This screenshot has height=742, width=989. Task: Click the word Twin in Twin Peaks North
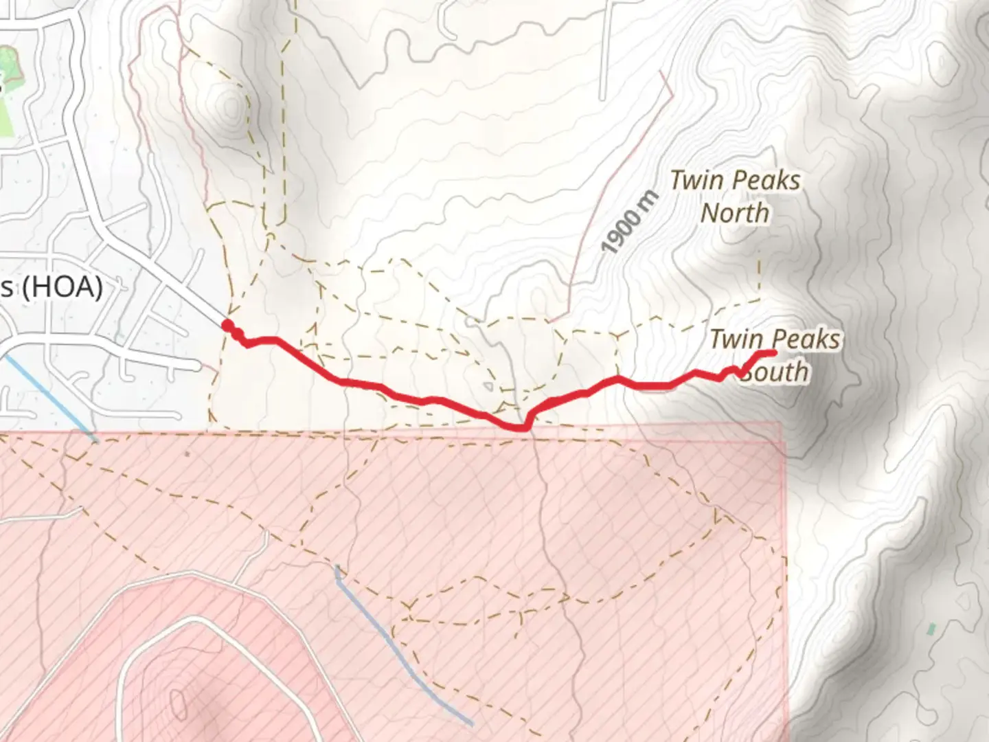(x=694, y=181)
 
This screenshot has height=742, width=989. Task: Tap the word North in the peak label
(x=734, y=213)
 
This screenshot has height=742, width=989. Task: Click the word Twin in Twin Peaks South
(x=734, y=339)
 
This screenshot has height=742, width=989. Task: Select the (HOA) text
(x=62, y=286)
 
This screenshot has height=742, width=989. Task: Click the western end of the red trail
(x=226, y=324)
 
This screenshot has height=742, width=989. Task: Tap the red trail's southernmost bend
(x=523, y=427)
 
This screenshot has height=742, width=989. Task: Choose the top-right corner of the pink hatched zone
(x=782, y=425)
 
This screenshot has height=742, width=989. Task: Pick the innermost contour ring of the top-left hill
(x=231, y=106)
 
